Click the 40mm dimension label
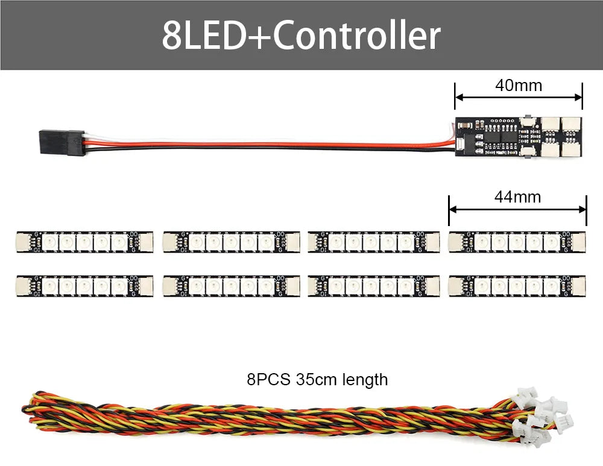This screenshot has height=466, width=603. coord(518,86)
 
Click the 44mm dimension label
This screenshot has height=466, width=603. coord(517,197)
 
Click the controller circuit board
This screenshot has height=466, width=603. coord(518,139)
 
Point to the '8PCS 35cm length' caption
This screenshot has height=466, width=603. coord(317,380)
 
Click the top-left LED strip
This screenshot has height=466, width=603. coord(84,242)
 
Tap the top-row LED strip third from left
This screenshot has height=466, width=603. coord(373,242)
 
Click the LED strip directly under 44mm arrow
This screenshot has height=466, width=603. coord(517,242)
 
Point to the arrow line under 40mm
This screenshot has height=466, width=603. coord(518,97)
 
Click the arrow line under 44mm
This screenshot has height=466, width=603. coord(517,209)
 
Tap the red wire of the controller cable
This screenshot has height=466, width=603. coord(271,145)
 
